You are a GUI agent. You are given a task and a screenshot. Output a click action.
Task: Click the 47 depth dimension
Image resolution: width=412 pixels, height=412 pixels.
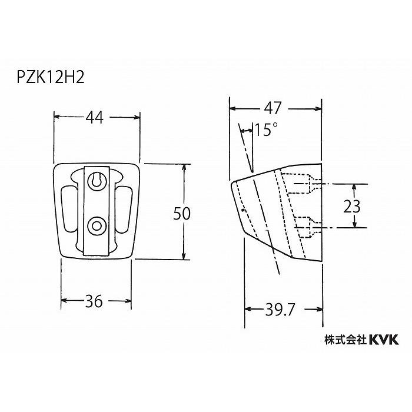coord(274,108)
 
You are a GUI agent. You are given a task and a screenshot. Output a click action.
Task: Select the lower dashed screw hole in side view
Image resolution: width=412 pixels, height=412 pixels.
coord(304,227)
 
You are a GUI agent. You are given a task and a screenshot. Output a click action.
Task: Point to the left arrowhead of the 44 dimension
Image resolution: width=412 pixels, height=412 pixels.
coord(58,117)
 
